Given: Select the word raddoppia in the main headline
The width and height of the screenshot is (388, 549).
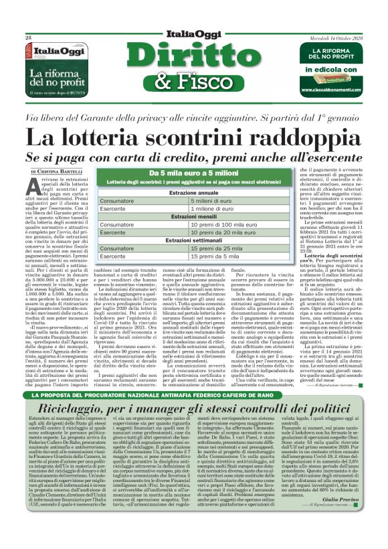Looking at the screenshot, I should tap(294, 139).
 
